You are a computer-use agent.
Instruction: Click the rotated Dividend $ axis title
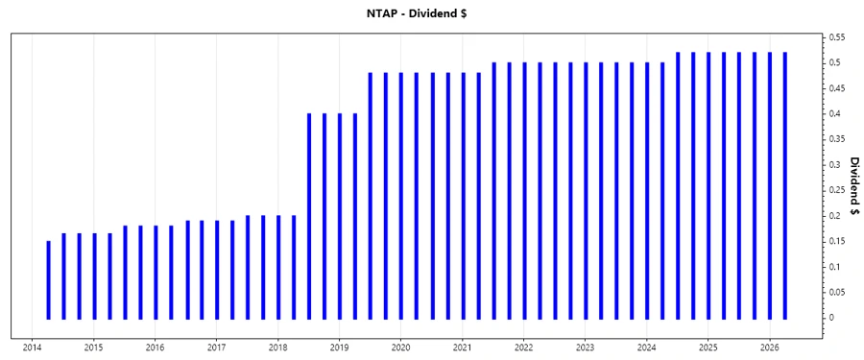pyautogui.click(x=853, y=186)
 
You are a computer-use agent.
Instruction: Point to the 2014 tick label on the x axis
pyautogui.click(x=32, y=348)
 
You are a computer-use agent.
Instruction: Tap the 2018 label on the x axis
pyautogui.click(x=277, y=348)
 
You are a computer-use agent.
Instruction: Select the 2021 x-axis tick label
pyautogui.click(x=462, y=348)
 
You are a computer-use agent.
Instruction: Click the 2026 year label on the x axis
pyautogui.click(x=769, y=348)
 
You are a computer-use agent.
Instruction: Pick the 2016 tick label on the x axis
pyautogui.click(x=155, y=348)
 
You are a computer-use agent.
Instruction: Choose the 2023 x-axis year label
pyautogui.click(x=585, y=348)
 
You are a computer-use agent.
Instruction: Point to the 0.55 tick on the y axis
pyautogui.click(x=835, y=37)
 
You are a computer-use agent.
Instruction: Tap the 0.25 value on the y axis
pyautogui.click(x=835, y=190)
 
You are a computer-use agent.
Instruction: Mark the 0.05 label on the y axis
pyautogui.click(x=835, y=292)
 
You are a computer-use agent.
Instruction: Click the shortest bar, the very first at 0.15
pyautogui.click(x=48, y=279)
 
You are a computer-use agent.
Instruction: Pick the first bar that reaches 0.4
pyautogui.click(x=309, y=216)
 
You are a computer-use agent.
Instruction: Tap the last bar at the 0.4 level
pyautogui.click(x=355, y=216)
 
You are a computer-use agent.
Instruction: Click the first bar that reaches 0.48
pyautogui.click(x=371, y=196)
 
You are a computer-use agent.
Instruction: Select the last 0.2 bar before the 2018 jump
pyautogui.click(x=294, y=267)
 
